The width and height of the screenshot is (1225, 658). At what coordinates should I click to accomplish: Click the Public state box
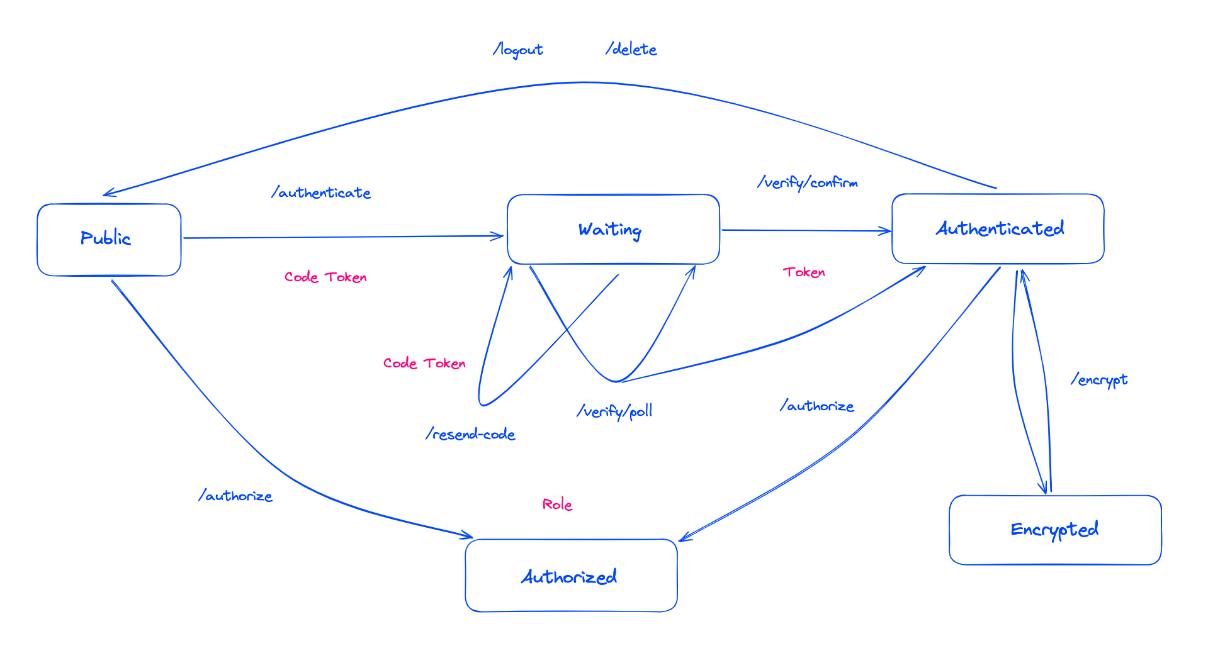click(x=109, y=239)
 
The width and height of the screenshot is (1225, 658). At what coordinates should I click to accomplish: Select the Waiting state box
click(x=612, y=229)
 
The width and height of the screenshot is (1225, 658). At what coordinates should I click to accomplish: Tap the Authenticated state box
click(x=998, y=228)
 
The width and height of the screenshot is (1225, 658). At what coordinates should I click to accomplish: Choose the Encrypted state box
click(x=1055, y=530)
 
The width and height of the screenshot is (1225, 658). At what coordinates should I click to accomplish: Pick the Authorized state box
click(x=571, y=576)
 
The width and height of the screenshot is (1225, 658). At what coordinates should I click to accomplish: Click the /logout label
click(x=517, y=50)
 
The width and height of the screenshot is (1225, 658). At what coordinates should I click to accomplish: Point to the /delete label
click(x=631, y=49)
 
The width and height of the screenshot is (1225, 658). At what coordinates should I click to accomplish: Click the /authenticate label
click(x=321, y=192)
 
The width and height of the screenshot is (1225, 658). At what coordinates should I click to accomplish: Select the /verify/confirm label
click(x=807, y=182)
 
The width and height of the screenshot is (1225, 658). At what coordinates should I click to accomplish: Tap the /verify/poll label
click(x=614, y=411)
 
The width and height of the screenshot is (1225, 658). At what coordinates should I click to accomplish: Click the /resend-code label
click(x=470, y=434)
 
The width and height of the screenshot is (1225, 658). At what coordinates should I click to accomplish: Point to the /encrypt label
click(x=1099, y=379)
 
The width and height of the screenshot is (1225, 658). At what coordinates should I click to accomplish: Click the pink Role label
click(x=557, y=505)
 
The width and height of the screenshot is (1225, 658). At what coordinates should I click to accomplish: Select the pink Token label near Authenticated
click(x=804, y=272)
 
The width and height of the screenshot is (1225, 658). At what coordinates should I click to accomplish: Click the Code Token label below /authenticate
click(x=325, y=277)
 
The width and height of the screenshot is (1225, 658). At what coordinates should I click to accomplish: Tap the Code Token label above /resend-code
click(x=424, y=363)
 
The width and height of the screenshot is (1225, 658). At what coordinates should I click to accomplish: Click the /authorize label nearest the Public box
click(x=235, y=496)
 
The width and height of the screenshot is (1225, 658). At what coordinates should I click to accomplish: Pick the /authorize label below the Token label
click(x=816, y=406)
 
